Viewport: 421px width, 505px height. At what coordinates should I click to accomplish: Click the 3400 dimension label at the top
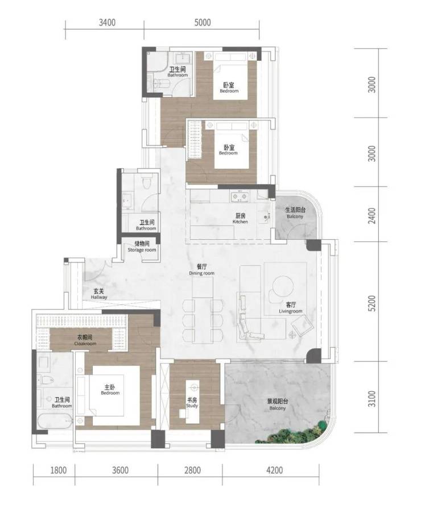click(107, 23)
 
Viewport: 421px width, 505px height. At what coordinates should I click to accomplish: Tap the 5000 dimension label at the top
click(203, 23)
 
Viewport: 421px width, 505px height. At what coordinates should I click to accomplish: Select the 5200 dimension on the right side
click(372, 303)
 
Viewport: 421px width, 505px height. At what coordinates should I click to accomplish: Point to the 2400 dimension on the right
click(372, 216)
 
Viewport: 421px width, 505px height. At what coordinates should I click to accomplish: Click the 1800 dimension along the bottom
click(59, 470)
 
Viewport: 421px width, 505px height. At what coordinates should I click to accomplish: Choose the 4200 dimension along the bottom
click(275, 470)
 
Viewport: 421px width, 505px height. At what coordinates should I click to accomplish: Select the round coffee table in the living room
click(283, 286)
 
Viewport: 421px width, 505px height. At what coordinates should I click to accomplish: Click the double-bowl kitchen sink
click(240, 197)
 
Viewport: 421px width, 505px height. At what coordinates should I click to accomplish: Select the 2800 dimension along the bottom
click(193, 470)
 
